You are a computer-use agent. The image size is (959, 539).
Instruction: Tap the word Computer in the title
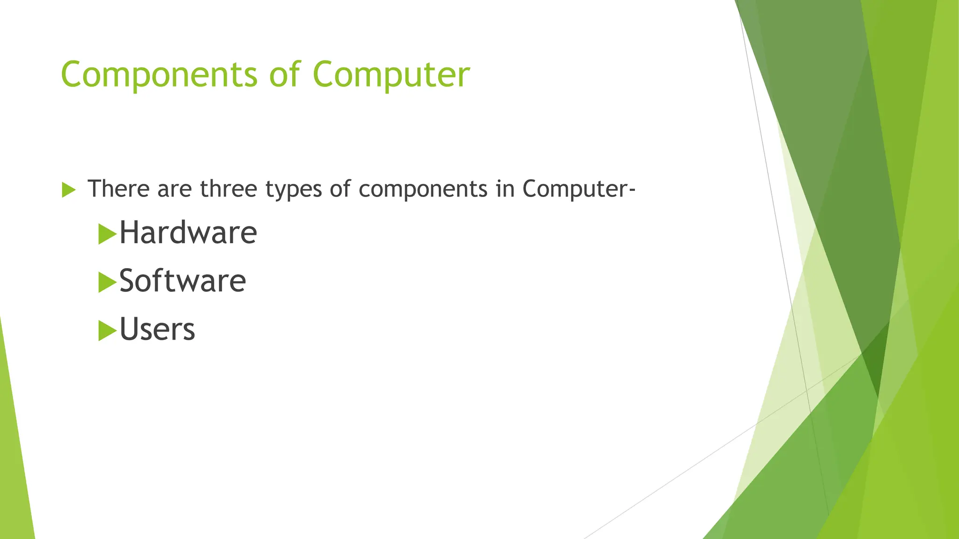[x=391, y=75]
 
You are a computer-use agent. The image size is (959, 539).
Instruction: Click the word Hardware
[x=188, y=233]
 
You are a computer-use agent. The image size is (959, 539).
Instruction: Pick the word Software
[x=183, y=281]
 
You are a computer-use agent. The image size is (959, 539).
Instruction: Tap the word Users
[x=157, y=329]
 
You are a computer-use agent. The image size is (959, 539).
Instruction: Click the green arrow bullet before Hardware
[x=107, y=234]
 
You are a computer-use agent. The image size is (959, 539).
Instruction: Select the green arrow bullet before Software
[x=107, y=282]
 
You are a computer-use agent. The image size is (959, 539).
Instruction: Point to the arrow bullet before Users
[x=107, y=331]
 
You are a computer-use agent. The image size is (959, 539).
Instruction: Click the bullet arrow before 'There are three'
[x=68, y=190]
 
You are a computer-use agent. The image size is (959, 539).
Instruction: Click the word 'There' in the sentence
[x=118, y=189]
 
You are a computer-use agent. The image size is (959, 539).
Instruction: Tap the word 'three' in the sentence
[x=229, y=189]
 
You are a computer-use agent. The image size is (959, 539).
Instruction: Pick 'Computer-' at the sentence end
[x=579, y=189]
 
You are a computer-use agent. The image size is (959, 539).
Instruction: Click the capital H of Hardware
[x=129, y=233]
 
